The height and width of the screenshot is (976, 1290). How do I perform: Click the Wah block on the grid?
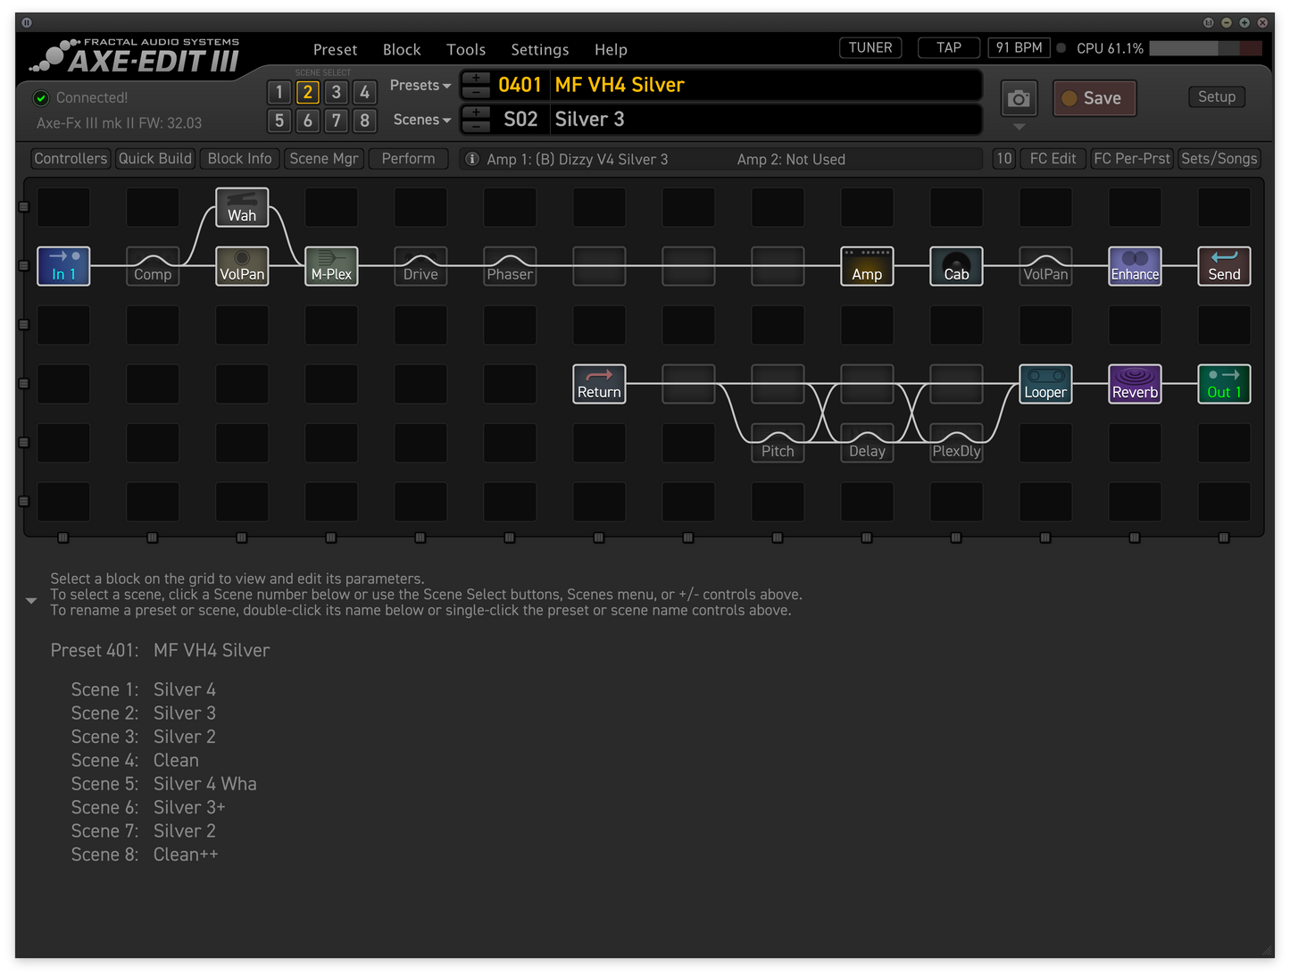(242, 207)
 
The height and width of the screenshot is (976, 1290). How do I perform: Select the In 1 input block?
(63, 265)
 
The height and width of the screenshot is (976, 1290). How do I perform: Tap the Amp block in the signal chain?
(866, 265)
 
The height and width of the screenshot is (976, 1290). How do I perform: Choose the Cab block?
(955, 265)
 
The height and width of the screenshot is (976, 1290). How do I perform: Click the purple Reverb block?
(1135, 384)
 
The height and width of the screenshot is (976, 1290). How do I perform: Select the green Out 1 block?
(1224, 384)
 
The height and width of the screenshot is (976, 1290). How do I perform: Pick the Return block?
(599, 384)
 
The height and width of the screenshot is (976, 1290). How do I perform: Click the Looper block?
(1044, 384)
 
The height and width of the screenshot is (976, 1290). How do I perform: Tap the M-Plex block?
(331, 265)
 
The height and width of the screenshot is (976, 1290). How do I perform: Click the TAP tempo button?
(949, 47)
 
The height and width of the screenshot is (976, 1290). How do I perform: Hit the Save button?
(1094, 98)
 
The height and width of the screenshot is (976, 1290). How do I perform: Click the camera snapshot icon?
(1019, 98)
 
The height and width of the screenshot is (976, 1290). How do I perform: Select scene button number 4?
(364, 92)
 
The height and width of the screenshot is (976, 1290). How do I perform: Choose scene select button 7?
(337, 121)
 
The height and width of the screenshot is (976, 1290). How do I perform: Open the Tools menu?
(465, 49)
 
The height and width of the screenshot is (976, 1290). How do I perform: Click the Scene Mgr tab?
(324, 159)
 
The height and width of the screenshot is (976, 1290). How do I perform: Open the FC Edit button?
(1052, 159)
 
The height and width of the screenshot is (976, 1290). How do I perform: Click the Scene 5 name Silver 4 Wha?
(204, 784)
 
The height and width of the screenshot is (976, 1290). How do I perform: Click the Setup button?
(1216, 97)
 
